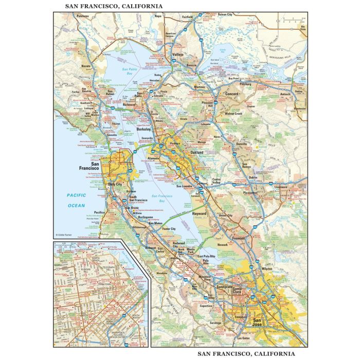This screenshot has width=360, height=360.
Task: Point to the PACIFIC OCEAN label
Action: (x=76, y=200)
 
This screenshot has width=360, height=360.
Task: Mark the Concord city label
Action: (x=233, y=94)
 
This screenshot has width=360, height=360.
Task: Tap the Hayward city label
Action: (x=199, y=213)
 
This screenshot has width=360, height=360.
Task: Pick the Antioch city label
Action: (x=285, y=94)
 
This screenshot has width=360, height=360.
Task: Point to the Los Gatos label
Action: (x=243, y=338)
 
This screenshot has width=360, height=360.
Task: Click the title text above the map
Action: (x=114, y=6)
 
